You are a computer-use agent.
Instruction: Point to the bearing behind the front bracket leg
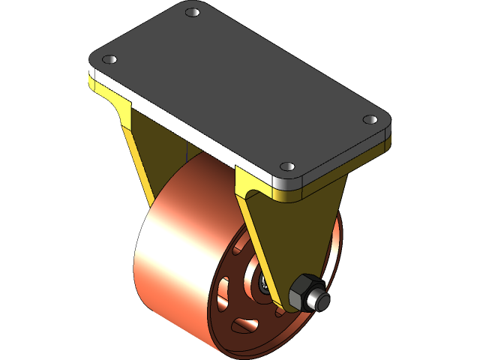[264, 283]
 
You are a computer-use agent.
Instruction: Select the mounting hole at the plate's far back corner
[192, 13]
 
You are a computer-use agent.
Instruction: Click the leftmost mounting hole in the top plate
[109, 58]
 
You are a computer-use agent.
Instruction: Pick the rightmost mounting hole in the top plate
[370, 119]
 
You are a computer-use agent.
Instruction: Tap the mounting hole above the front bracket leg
[285, 166]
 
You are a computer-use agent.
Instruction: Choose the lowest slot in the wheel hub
[242, 325]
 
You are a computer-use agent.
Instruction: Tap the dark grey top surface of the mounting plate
[240, 82]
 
